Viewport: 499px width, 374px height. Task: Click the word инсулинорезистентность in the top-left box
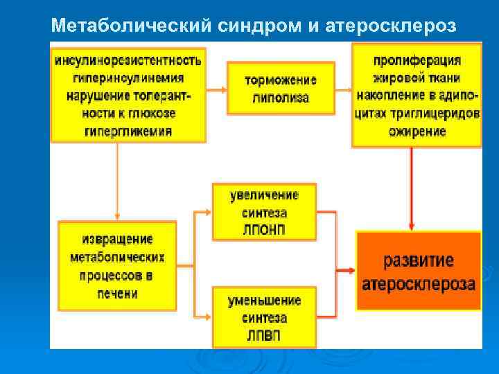(128, 60)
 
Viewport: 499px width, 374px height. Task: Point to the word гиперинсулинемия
(128, 78)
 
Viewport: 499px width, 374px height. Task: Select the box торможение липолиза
(281, 89)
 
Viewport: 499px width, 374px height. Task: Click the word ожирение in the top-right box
(417, 132)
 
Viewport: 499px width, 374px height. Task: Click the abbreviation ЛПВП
(264, 335)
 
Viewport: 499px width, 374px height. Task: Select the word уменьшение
(264, 301)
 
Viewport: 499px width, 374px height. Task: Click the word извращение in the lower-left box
(116, 239)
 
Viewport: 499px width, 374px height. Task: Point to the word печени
(116, 294)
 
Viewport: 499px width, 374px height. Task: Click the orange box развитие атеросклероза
(419, 271)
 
